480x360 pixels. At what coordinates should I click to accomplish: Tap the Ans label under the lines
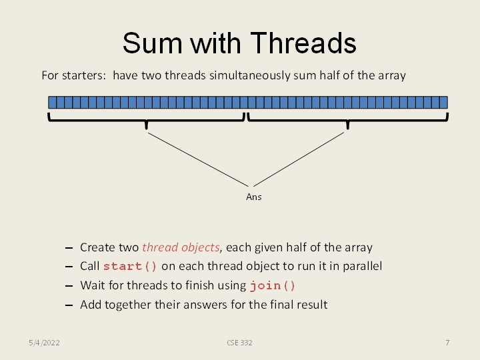253,197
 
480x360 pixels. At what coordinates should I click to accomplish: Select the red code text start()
130,267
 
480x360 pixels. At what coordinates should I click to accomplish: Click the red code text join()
272,286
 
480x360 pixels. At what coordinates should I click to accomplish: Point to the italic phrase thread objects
181,247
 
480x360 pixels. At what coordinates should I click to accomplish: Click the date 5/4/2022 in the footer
44,343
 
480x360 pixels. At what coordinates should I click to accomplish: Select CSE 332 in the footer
239,343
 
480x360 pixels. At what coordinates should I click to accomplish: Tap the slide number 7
447,343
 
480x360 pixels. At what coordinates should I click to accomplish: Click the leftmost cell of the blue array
52,102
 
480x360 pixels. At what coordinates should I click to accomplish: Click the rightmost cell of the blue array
443,102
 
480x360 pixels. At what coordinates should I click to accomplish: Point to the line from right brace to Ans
299,159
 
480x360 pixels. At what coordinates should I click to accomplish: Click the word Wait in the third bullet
91,285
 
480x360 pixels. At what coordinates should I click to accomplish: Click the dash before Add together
69,305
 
